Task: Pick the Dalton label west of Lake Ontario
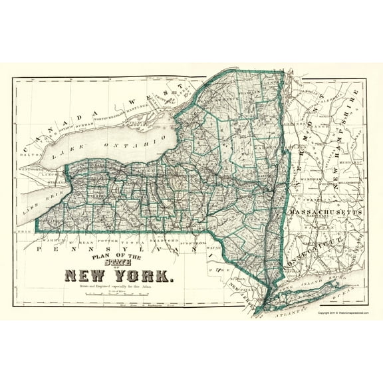tap(30, 154)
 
